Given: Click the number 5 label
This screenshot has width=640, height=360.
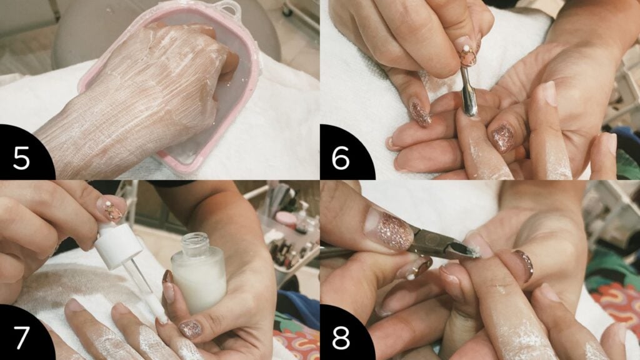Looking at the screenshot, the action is coord(21,158).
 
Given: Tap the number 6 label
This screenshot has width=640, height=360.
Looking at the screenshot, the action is coord(341,158).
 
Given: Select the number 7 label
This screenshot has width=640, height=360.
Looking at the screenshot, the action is coord(21,337).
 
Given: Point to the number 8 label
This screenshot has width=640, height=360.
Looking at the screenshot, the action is coord(341,337).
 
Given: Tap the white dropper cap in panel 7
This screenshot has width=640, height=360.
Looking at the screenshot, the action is coord(118,244).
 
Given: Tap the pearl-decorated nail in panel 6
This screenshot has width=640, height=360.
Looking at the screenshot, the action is coord(467,52).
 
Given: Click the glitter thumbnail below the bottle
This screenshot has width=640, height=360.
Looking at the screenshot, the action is coord(190,329).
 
